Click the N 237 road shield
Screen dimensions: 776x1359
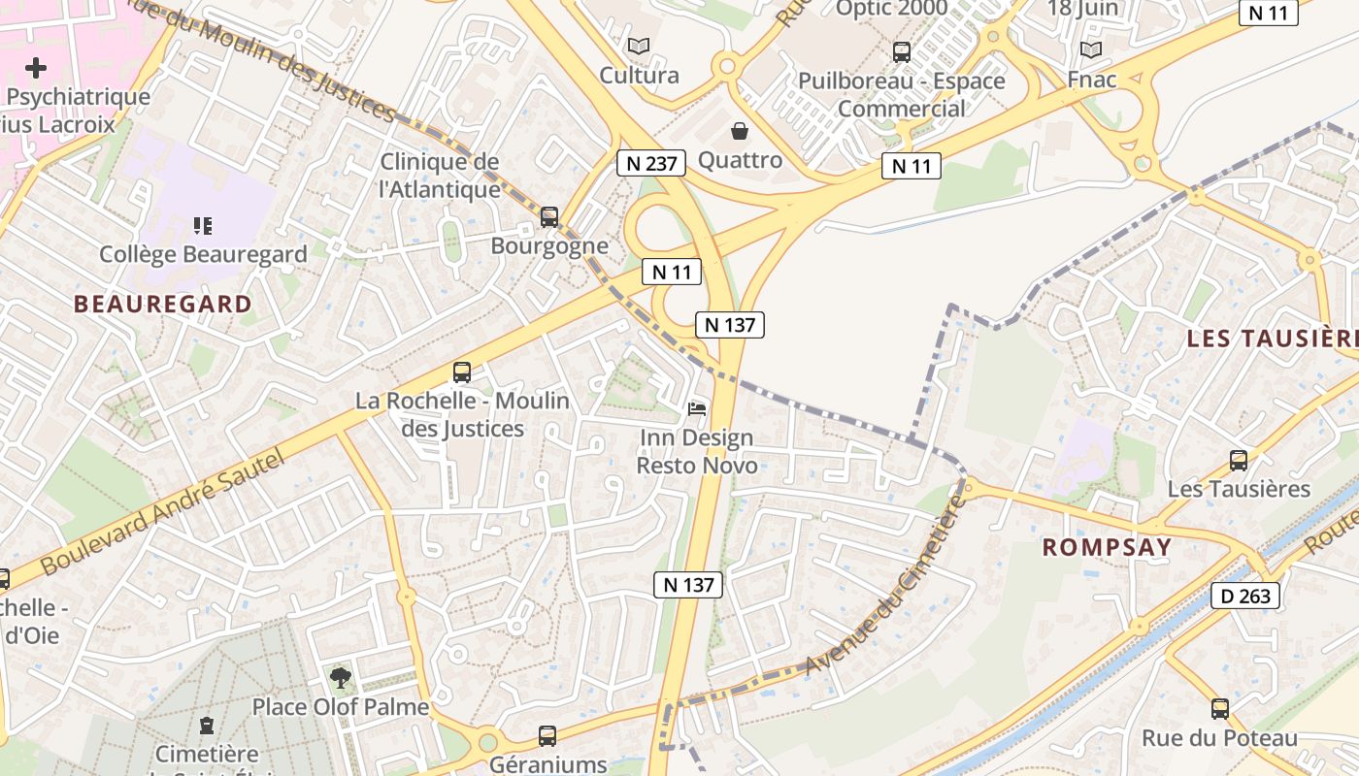[x=651, y=163]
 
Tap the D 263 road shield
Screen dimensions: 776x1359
[x=1245, y=596]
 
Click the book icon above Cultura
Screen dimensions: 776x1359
[x=638, y=46]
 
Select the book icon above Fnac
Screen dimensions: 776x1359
[x=1091, y=49]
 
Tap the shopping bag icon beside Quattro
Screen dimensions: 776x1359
[x=740, y=131]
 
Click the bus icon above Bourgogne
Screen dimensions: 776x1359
[x=549, y=217]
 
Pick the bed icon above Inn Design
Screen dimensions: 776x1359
[x=697, y=409]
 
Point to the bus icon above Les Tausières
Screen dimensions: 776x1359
[x=1239, y=461]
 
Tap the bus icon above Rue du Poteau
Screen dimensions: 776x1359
[x=1220, y=709]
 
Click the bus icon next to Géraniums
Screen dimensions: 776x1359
[x=547, y=736]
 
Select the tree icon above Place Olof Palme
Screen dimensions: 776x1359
[x=340, y=678]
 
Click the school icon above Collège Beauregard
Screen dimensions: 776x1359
[x=203, y=226]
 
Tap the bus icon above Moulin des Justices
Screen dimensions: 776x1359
[x=462, y=372]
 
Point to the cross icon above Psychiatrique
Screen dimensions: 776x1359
[x=36, y=68]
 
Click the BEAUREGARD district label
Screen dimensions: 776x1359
[x=163, y=305]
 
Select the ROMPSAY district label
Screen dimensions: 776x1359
[x=1108, y=547]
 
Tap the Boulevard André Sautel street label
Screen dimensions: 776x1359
[x=163, y=511]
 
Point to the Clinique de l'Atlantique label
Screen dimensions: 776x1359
[x=440, y=176]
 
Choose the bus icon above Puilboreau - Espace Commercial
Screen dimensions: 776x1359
[x=902, y=52]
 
